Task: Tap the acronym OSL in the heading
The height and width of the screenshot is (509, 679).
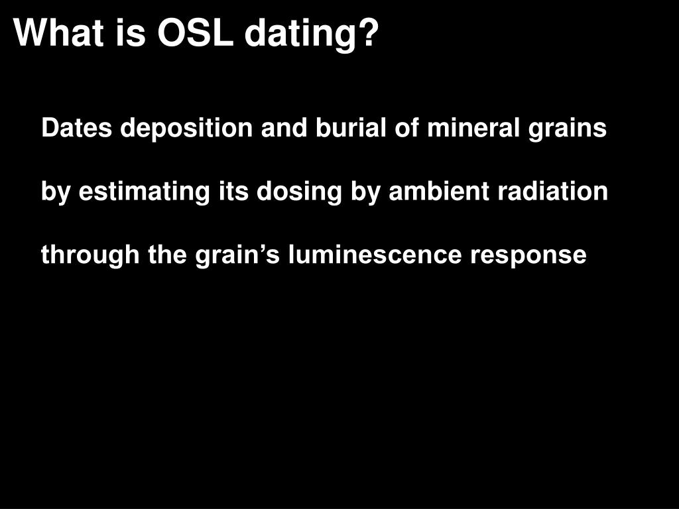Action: point(196,32)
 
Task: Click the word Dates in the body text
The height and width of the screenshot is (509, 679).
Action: point(76,128)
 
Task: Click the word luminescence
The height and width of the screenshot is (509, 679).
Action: point(375,255)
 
